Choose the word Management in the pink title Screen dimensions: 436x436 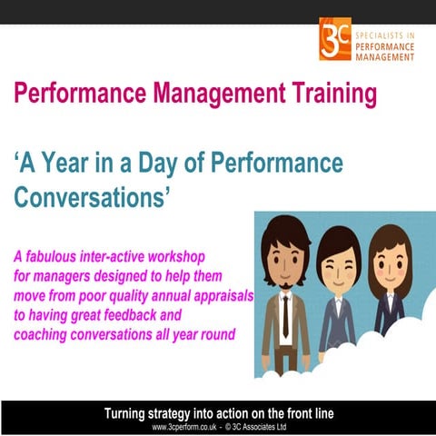(x=185, y=92)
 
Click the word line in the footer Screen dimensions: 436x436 (x=323, y=413)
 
